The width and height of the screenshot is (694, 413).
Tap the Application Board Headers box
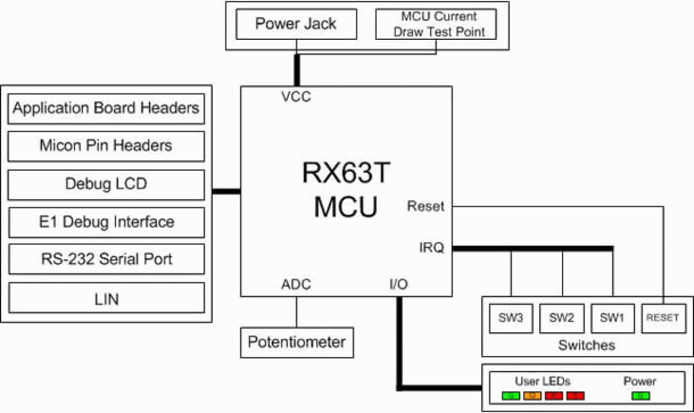point(106,108)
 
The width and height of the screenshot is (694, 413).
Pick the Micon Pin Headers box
point(106,146)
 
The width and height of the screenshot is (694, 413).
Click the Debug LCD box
point(106,184)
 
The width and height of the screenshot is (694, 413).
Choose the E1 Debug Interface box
point(106,222)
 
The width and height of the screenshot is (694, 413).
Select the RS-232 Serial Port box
point(106,259)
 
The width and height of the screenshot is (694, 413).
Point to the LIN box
point(106,299)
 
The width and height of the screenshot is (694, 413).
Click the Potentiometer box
point(297,342)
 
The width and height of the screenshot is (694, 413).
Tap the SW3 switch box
point(511,318)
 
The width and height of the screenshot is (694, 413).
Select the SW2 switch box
point(562,318)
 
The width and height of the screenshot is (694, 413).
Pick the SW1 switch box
point(612,318)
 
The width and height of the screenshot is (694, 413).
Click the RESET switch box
point(662,318)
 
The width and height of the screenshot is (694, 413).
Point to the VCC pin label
point(296,97)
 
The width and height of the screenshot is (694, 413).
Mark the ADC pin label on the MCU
point(296,285)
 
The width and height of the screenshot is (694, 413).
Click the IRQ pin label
point(431,248)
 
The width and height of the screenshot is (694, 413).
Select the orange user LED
point(532,396)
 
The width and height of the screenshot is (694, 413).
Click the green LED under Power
point(640,396)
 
